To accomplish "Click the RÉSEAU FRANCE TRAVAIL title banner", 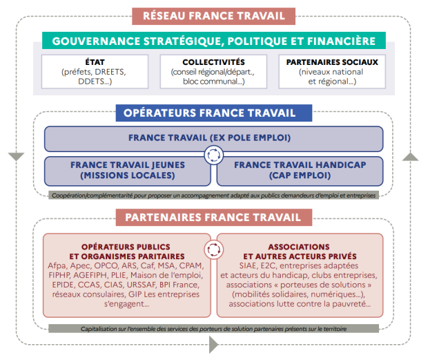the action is [x=213, y=16].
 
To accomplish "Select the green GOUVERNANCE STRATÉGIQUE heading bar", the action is [x=214, y=41].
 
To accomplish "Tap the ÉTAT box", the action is [x=95, y=72].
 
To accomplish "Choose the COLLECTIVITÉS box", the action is [x=213, y=72].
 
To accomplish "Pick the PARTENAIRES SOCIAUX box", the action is [x=332, y=72].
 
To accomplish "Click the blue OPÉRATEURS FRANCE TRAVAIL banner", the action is [x=214, y=113].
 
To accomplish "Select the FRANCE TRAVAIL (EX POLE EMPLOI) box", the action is [x=214, y=138].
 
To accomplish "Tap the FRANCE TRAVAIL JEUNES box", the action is [x=128, y=171].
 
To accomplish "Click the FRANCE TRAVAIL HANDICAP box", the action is [x=300, y=171].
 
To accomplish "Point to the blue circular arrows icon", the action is [x=214, y=155].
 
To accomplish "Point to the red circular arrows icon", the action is [x=214, y=249].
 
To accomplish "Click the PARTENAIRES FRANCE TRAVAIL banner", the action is [x=214, y=218].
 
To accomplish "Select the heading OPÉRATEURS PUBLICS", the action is [x=126, y=247].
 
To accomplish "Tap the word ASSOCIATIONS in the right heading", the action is [x=299, y=247].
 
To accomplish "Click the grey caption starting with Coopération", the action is [x=214, y=196].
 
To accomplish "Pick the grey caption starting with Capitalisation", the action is [x=214, y=329].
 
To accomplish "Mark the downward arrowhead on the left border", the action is [x=16, y=156].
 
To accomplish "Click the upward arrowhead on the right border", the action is [x=410, y=157].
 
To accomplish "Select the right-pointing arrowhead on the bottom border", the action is [x=213, y=344].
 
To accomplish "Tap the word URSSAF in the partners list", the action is [x=142, y=285].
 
